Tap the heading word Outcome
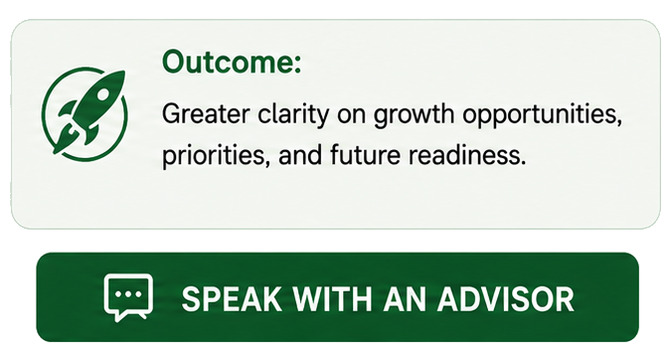(228, 62)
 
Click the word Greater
(206, 114)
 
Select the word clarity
(293, 115)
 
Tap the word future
(365, 154)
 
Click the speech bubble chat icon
(128, 294)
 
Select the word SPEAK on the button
(232, 298)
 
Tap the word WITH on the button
(332, 298)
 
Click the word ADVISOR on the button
(505, 298)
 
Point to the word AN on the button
(405, 298)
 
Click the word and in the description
(300, 154)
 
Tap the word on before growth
(351, 116)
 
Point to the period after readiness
(522, 163)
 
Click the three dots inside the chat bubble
(128, 294)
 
